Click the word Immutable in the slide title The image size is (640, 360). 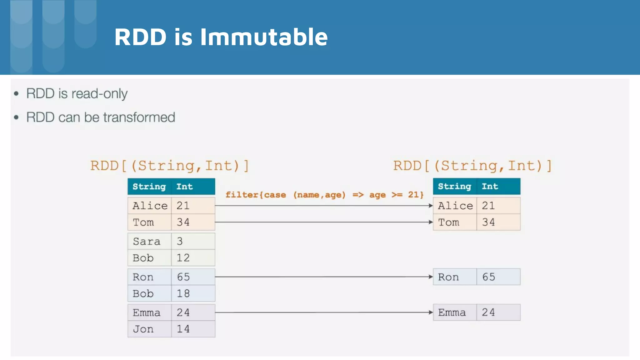coord(264,37)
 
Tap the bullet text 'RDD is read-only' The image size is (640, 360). coord(77,93)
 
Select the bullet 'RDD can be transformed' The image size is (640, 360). coord(101,117)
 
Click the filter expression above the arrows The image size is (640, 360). coord(324,195)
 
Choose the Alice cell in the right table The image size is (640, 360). coord(455,206)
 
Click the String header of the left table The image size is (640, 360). coord(149,187)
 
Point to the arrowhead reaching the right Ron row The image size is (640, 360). coord(431,277)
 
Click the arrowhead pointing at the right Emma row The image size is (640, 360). coord(431,312)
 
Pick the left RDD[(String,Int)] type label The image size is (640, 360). coord(169,166)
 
